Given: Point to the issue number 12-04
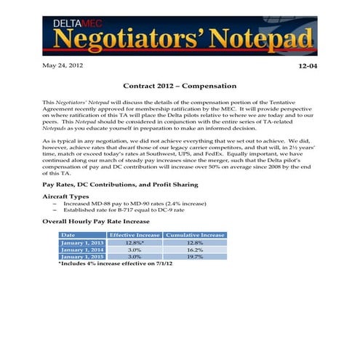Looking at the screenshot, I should [308, 67].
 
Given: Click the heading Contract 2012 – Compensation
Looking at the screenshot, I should [180, 86].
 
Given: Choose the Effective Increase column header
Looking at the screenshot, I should [135, 235].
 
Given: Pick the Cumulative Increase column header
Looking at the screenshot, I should [196, 235].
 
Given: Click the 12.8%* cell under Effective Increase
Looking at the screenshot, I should [135, 242].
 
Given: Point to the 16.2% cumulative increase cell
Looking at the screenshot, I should [196, 249].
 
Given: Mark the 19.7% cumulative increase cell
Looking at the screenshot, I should [196, 257].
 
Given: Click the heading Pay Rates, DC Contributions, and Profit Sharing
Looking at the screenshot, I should [120, 185].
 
